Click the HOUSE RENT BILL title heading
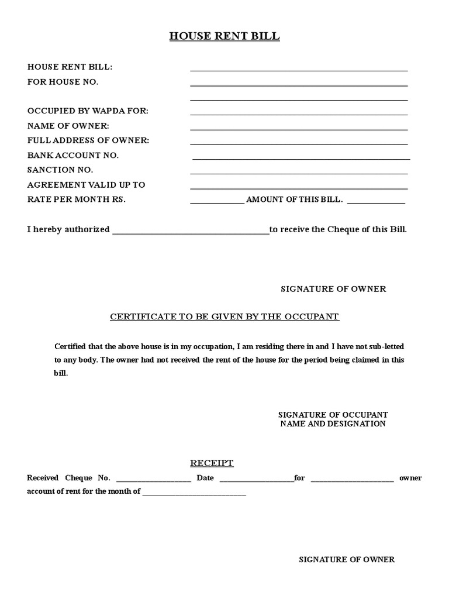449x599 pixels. tap(224, 36)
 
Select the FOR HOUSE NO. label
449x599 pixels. tap(63, 82)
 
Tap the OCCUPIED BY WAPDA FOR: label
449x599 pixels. tap(88, 111)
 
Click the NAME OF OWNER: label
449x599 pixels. tap(68, 126)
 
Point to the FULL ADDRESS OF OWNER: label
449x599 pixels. tap(88, 140)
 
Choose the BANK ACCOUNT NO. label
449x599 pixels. tap(73, 155)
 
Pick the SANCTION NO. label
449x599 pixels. tap(60, 170)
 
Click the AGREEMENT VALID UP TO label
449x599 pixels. tap(86, 184)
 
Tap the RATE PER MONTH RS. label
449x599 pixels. tap(77, 199)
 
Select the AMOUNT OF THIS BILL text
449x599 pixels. tap(294, 199)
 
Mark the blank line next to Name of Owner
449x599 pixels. tap(299, 129)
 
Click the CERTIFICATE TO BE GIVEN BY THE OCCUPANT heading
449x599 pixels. tap(224, 316)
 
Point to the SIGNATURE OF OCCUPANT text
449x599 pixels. tap(333, 414)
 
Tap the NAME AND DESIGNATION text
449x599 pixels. tap(333, 424)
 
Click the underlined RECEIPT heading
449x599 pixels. tap(212, 463)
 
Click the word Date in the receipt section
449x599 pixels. tap(205, 478)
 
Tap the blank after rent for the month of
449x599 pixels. tap(194, 494)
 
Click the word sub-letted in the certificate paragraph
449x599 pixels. tap(384, 346)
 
